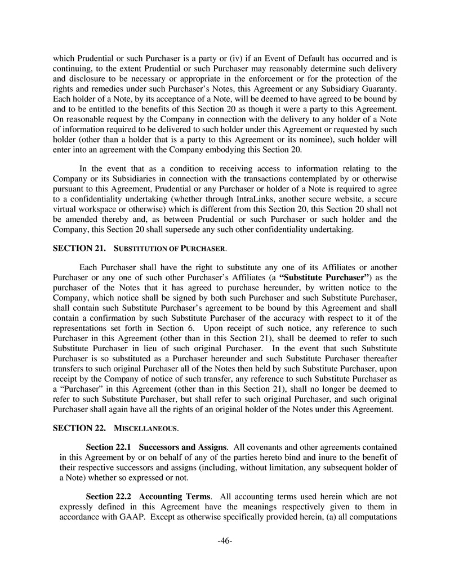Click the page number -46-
tap(225, 541)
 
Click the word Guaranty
tap(377, 88)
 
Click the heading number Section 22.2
tap(108, 497)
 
